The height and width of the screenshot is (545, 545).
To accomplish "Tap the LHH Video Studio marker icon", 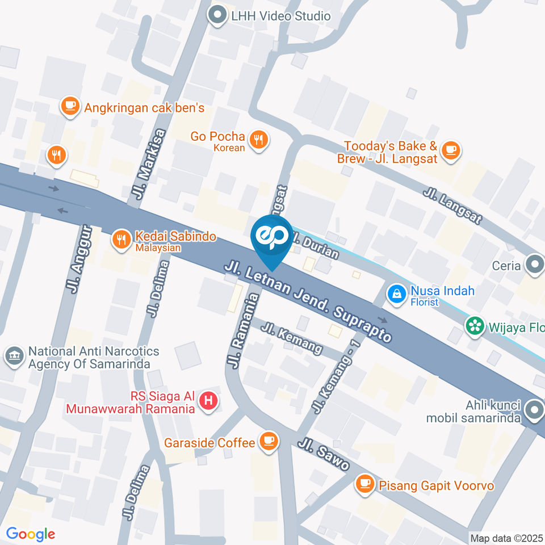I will click(217, 15).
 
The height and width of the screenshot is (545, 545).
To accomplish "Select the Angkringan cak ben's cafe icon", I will click(70, 106).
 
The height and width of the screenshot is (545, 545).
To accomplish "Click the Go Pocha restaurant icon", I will click(259, 139).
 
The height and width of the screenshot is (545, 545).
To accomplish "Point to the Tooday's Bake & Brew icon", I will click(451, 150).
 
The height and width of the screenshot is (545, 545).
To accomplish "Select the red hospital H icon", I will click(209, 401).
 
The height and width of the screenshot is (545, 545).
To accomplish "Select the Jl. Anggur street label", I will click(79, 259).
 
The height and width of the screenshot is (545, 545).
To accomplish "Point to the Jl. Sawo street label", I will click(325, 454).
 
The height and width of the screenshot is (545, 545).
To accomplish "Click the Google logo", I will click(31, 534).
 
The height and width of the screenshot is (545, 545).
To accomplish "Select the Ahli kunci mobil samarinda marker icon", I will click(534, 409).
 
